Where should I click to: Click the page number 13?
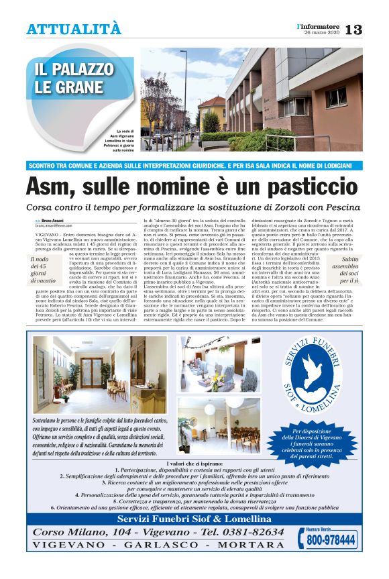(354, 30)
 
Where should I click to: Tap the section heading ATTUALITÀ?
(74, 29)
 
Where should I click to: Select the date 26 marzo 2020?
(321, 33)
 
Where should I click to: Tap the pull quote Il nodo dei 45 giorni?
(44, 272)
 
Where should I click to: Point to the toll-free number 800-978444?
(327, 539)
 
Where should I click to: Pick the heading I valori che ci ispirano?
(194, 463)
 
